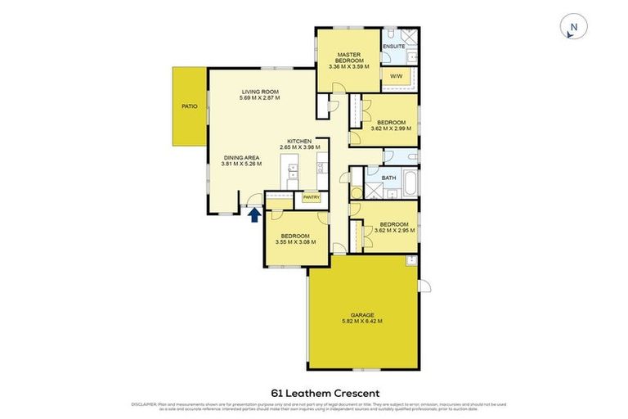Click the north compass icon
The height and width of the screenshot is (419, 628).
tap(573, 28)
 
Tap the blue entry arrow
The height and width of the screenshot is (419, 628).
tap(254, 215)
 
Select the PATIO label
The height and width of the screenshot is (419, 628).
tap(190, 106)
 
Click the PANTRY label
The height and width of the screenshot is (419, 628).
tap(311, 197)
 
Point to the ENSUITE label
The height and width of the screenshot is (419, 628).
tap(393, 47)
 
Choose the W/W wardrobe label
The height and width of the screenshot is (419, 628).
tap(396, 77)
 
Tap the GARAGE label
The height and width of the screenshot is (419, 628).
tap(362, 315)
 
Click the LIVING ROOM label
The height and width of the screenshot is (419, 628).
tap(260, 92)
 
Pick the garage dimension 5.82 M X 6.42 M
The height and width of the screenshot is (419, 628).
tap(362, 322)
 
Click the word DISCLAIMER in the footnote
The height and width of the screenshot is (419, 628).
tap(145, 404)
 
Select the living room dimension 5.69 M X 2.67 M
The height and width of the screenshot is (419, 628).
tap(260, 98)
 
